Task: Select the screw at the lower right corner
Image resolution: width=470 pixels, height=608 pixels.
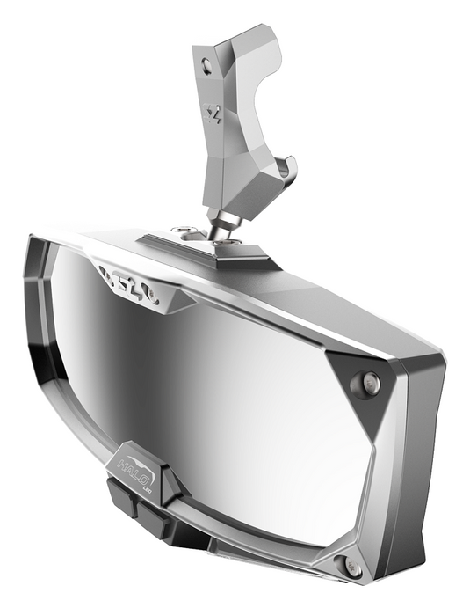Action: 352,569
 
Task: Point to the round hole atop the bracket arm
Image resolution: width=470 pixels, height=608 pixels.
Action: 206,63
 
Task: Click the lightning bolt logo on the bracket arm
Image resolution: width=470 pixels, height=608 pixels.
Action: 211,113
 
